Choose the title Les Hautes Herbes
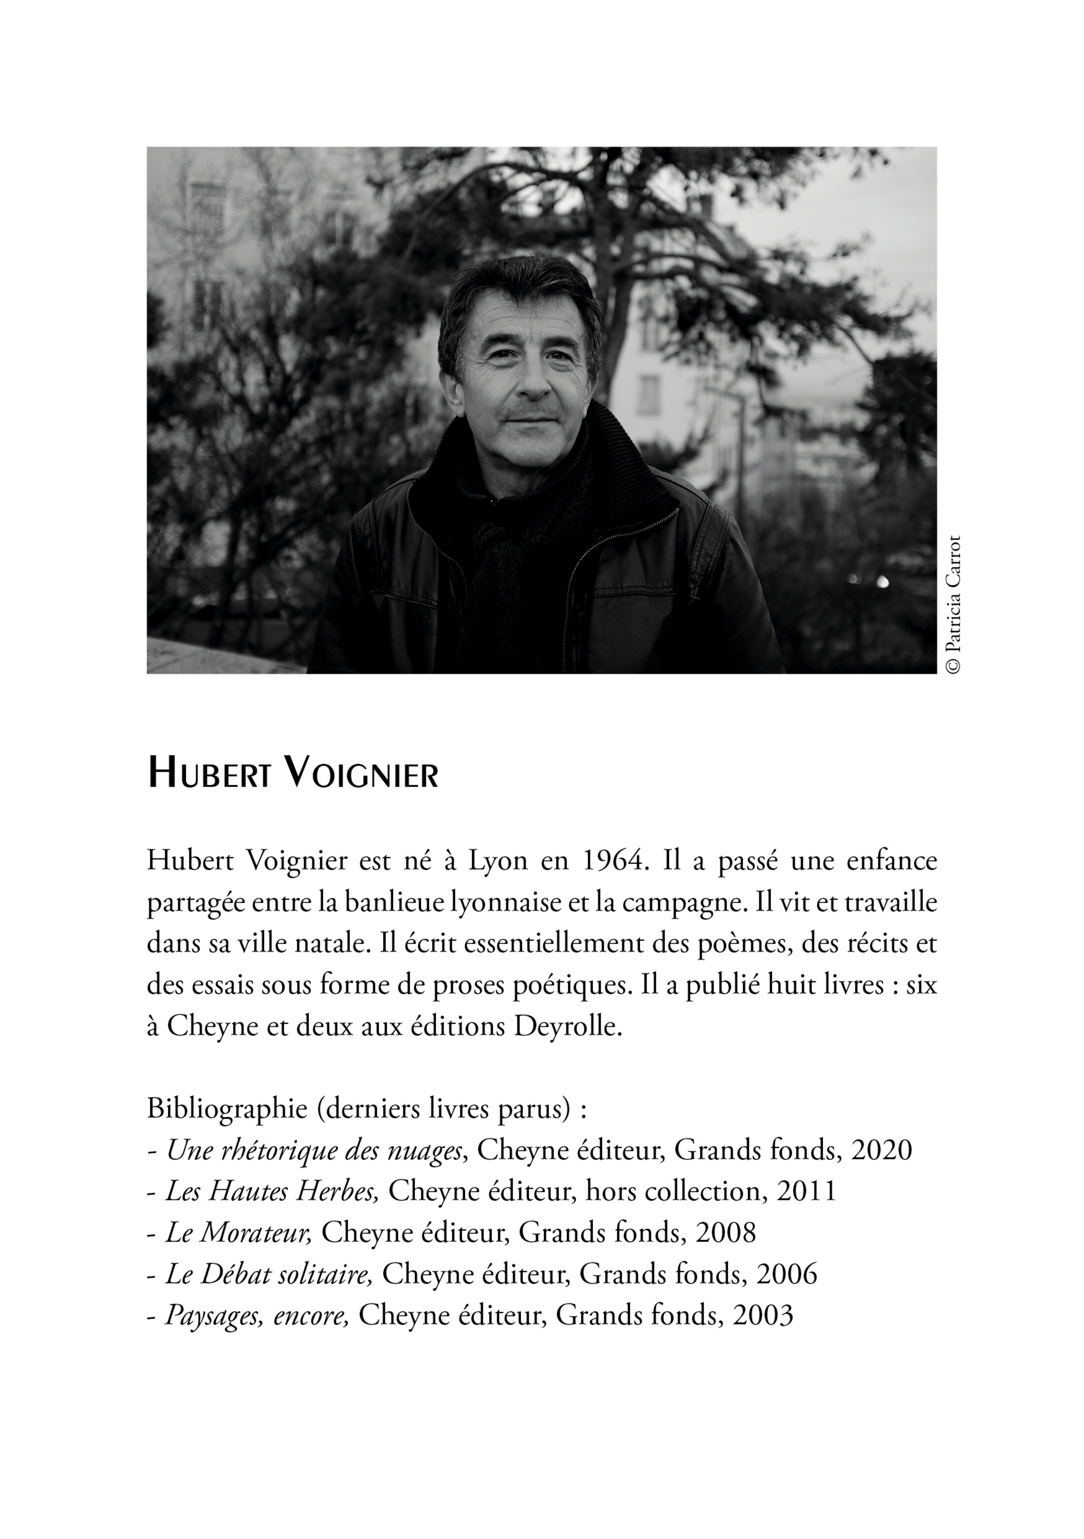point(272,1192)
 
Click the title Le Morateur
point(238,1233)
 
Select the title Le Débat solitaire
point(269,1274)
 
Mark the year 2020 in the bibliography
point(881,1150)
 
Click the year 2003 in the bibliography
point(763,1316)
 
